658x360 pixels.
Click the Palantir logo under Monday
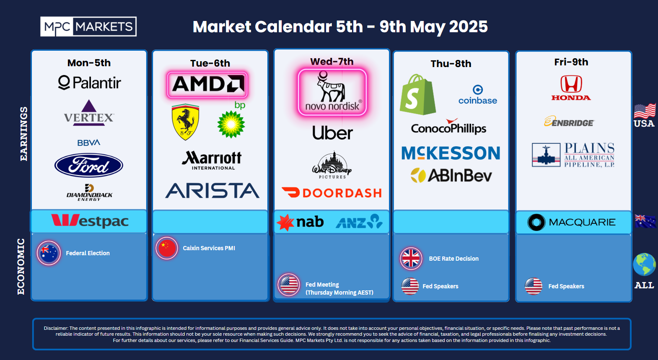click(89, 83)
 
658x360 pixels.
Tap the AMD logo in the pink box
click(208, 84)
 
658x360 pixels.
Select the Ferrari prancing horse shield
click(185, 122)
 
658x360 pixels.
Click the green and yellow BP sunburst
click(231, 124)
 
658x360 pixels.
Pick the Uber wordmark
click(332, 133)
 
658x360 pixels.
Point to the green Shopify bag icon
click(418, 95)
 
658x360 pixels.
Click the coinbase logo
click(478, 95)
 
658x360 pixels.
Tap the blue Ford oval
click(89, 165)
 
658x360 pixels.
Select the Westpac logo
click(90, 221)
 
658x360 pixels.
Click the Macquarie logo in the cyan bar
click(571, 222)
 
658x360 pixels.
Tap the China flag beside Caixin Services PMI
click(167, 248)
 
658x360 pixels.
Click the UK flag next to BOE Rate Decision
click(411, 259)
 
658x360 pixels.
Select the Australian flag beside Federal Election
click(49, 253)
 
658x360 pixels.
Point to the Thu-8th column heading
click(451, 64)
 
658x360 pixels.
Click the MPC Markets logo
click(88, 26)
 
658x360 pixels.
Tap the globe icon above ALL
click(644, 264)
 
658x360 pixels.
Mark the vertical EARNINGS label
click(23, 134)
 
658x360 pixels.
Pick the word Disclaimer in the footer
click(56, 328)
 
